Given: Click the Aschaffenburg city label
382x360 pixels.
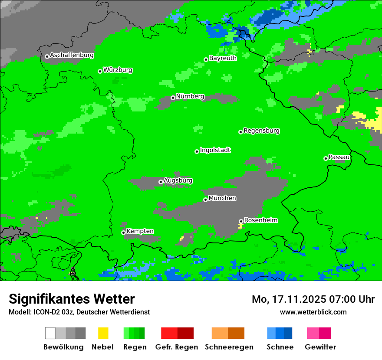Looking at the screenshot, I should coord(72,55).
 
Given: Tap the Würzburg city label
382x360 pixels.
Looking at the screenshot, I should coord(118,70).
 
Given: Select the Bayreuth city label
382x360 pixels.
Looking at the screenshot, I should coord(223,58).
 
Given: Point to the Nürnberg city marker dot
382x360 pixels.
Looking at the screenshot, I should coord(173,98).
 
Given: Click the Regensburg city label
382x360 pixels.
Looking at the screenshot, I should coord(261,131).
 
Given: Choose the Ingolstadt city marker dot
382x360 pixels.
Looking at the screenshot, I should coord(197,151).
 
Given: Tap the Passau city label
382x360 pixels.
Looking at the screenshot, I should coord(339,157).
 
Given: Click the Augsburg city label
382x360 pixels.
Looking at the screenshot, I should coord(178,180).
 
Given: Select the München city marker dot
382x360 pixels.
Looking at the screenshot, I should coord(205,200).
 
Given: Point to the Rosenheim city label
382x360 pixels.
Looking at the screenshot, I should coord(260,220).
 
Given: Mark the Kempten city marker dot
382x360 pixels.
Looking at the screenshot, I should coord(123,232).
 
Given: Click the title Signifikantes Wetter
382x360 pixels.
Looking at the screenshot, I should coord(72,299).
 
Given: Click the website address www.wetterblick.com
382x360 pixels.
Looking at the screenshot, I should coord(313,312).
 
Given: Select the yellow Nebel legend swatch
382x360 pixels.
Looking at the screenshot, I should coord(103,333).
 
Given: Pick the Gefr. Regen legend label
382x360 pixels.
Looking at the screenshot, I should coord(177,347).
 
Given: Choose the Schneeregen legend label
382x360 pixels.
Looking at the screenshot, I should coord(229,347).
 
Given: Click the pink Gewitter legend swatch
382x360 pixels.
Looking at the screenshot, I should coord(313,333).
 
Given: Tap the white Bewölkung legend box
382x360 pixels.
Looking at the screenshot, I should coord(50,333).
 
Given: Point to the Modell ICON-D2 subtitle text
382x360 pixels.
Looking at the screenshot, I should coord(79,312).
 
